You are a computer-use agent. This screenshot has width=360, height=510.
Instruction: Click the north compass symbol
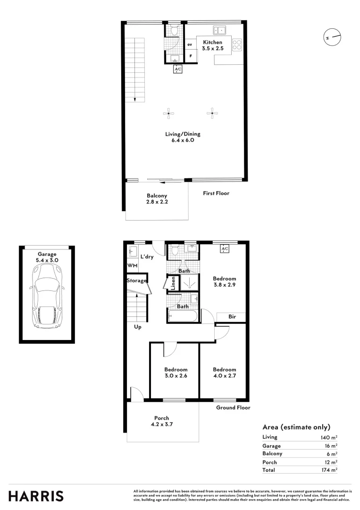pyautogui.click(x=332, y=36)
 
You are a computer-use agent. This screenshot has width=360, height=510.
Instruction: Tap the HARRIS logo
pyautogui.click(x=36, y=496)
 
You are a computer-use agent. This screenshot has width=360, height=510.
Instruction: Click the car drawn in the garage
pyautogui.click(x=46, y=296)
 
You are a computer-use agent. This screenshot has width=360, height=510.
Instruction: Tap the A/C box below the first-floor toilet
pyautogui.click(x=178, y=69)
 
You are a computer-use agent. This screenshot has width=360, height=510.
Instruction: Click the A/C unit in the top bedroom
pyautogui.click(x=225, y=249)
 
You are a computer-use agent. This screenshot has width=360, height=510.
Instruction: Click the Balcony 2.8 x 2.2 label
pyautogui.click(x=157, y=199)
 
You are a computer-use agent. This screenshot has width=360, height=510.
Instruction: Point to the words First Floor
pyautogui.click(x=216, y=193)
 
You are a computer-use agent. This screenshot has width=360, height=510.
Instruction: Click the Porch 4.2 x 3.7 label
pyautogui.click(x=161, y=421)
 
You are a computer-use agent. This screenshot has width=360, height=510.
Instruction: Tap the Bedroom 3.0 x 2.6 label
pyautogui.click(x=176, y=373)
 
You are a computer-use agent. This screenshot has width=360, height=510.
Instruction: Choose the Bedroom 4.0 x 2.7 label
pyautogui.click(x=224, y=373)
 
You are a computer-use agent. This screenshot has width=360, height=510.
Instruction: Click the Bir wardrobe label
pyautogui.click(x=232, y=317)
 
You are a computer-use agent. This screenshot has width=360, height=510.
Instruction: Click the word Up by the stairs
pyautogui.click(x=138, y=327)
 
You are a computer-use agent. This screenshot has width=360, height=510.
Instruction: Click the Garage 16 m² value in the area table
pyautogui.click(x=330, y=446)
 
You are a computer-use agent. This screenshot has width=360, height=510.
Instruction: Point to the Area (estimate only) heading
pyautogui.click(x=296, y=427)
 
